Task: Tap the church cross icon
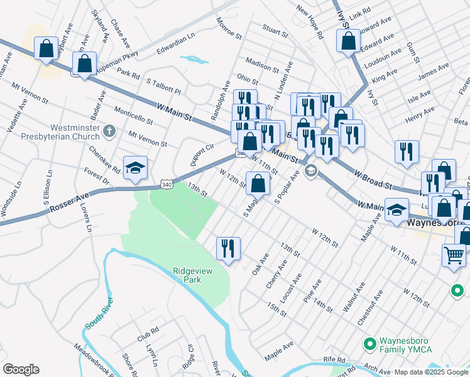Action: pyautogui.click(x=109, y=131)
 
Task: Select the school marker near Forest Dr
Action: pyautogui.click(x=135, y=168)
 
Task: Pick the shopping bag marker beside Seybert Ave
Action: pyautogui.click(x=46, y=48)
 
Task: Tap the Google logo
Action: pyautogui.click(x=21, y=369)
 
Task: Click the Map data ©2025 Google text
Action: pyautogui.click(x=431, y=372)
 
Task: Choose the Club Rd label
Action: pyautogui.click(x=148, y=334)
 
